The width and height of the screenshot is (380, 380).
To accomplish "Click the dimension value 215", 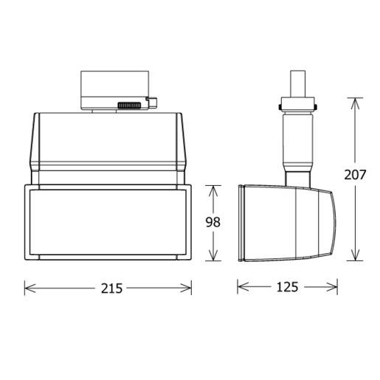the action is coord(111,289).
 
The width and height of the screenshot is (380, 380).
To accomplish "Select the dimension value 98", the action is coord(213,222).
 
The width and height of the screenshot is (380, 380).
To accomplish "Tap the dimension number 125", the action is coord(287,287).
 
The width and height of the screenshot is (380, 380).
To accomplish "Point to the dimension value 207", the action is coord(355,175).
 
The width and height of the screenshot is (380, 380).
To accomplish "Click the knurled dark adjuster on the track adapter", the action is coord(129,106).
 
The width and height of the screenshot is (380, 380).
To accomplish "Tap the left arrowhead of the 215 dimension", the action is coord(30,289).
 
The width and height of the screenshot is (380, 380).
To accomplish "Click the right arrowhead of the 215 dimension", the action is coord(186,289).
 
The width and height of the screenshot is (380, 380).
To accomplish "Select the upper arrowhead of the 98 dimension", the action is coord(213,190).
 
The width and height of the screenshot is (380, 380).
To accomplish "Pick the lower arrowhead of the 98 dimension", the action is coord(213,255).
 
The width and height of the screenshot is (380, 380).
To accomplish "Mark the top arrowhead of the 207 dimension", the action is coord(355,103).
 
